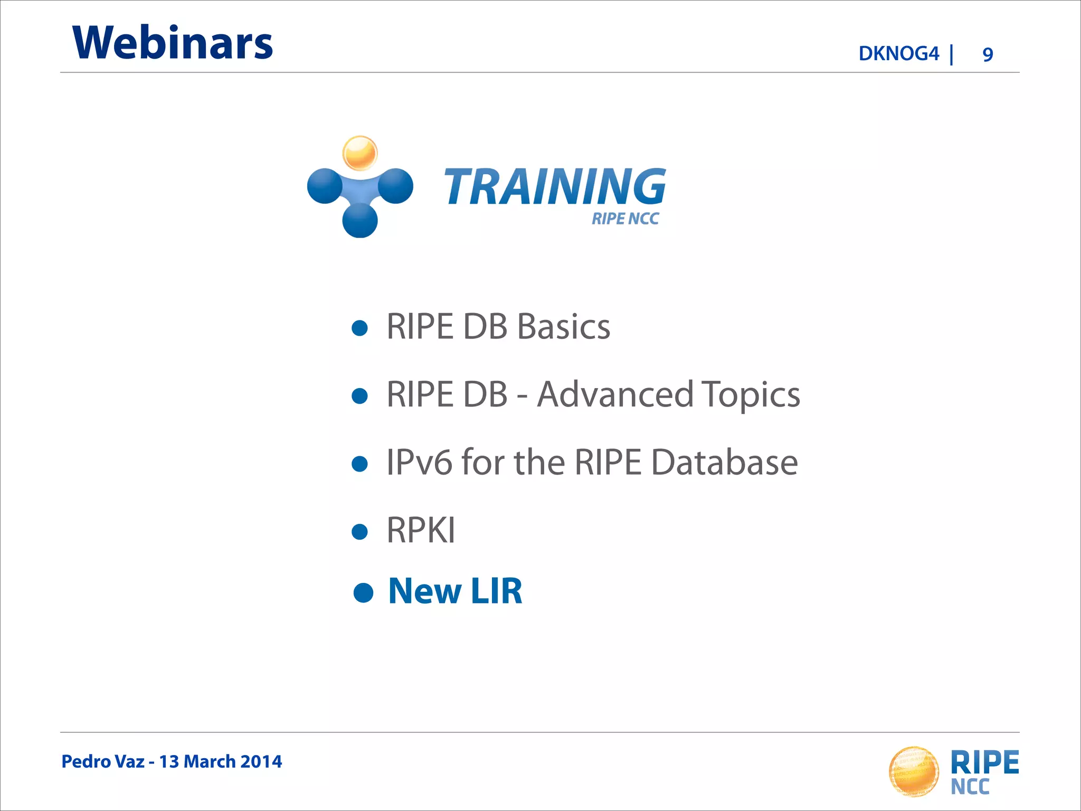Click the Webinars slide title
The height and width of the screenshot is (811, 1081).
pyautogui.click(x=173, y=43)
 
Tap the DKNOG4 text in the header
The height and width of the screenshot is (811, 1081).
pyautogui.click(x=898, y=54)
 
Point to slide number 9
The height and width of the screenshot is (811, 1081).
pyautogui.click(x=988, y=54)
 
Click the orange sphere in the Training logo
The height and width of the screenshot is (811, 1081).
pyautogui.click(x=360, y=153)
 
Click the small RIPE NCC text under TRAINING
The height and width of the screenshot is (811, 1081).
pyautogui.click(x=625, y=219)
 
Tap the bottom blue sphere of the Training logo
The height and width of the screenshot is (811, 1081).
pyautogui.click(x=360, y=220)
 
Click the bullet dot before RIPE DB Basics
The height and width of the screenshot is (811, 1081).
pyautogui.click(x=359, y=328)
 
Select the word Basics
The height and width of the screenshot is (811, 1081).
pyautogui.click(x=563, y=327)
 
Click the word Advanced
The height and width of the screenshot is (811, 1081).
pyautogui.click(x=615, y=394)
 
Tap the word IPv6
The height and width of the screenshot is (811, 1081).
pyautogui.click(x=419, y=463)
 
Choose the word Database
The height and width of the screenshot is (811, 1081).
pyautogui.click(x=724, y=463)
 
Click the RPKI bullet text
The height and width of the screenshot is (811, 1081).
pyautogui.click(x=421, y=530)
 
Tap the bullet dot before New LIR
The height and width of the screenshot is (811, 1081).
pyautogui.click(x=363, y=592)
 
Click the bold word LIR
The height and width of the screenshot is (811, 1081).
pyautogui.click(x=496, y=591)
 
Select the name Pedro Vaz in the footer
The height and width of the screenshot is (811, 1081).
pyautogui.click(x=102, y=761)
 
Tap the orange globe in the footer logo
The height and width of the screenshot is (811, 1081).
pyautogui.click(x=914, y=771)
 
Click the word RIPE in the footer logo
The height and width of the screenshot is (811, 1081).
pyautogui.click(x=984, y=762)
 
